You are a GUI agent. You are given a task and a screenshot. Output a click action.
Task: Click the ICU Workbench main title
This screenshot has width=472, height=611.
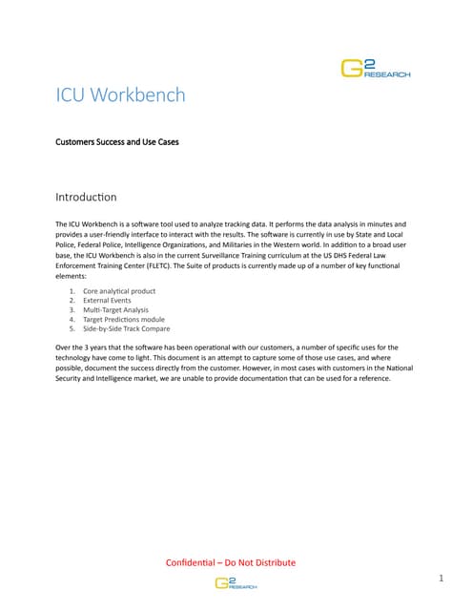[121, 95]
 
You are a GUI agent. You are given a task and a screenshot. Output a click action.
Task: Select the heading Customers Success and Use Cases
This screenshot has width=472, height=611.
[117, 141]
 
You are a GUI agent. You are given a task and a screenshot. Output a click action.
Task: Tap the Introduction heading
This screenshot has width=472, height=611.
[87, 198]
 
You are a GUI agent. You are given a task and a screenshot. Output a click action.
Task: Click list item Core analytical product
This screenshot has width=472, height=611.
[119, 290]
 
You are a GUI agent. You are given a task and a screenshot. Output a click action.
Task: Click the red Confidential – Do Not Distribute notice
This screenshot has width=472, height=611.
[231, 562]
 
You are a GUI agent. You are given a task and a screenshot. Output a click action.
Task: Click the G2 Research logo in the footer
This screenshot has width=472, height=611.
[236, 583]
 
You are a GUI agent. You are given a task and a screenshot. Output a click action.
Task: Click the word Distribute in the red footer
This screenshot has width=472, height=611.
[274, 562]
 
